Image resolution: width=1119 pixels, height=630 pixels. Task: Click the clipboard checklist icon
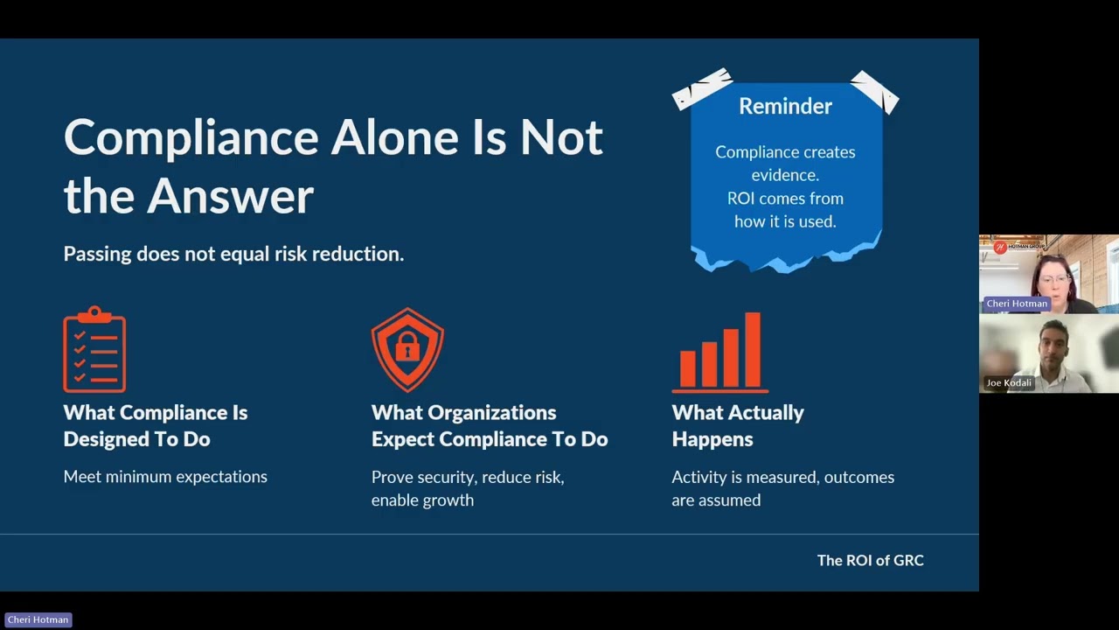point(94,350)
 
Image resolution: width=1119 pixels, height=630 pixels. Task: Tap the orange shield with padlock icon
point(407,349)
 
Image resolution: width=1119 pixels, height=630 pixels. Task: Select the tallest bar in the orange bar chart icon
point(752,349)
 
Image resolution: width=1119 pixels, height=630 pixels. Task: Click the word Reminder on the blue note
point(785,106)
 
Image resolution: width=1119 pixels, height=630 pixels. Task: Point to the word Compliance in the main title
point(191,138)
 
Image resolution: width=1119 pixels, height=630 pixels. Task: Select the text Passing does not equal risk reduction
point(233,254)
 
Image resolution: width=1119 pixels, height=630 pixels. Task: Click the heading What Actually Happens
point(737,425)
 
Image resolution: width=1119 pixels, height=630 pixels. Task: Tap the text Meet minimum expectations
point(165,477)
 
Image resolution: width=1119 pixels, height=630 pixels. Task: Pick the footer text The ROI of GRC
point(870,560)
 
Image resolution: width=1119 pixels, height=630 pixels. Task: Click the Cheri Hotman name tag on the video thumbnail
point(1016,304)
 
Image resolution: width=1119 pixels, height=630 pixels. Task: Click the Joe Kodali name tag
point(1009,382)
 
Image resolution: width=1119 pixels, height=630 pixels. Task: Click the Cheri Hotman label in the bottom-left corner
point(38,619)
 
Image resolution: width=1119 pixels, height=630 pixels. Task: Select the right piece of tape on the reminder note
point(875,92)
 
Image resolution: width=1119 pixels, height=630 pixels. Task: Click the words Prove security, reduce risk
point(467,477)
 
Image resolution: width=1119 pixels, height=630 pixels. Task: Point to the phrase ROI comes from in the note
point(784,199)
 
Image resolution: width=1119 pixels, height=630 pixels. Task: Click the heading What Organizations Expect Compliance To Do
point(489,425)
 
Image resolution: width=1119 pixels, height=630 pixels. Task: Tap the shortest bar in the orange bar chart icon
point(687,367)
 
